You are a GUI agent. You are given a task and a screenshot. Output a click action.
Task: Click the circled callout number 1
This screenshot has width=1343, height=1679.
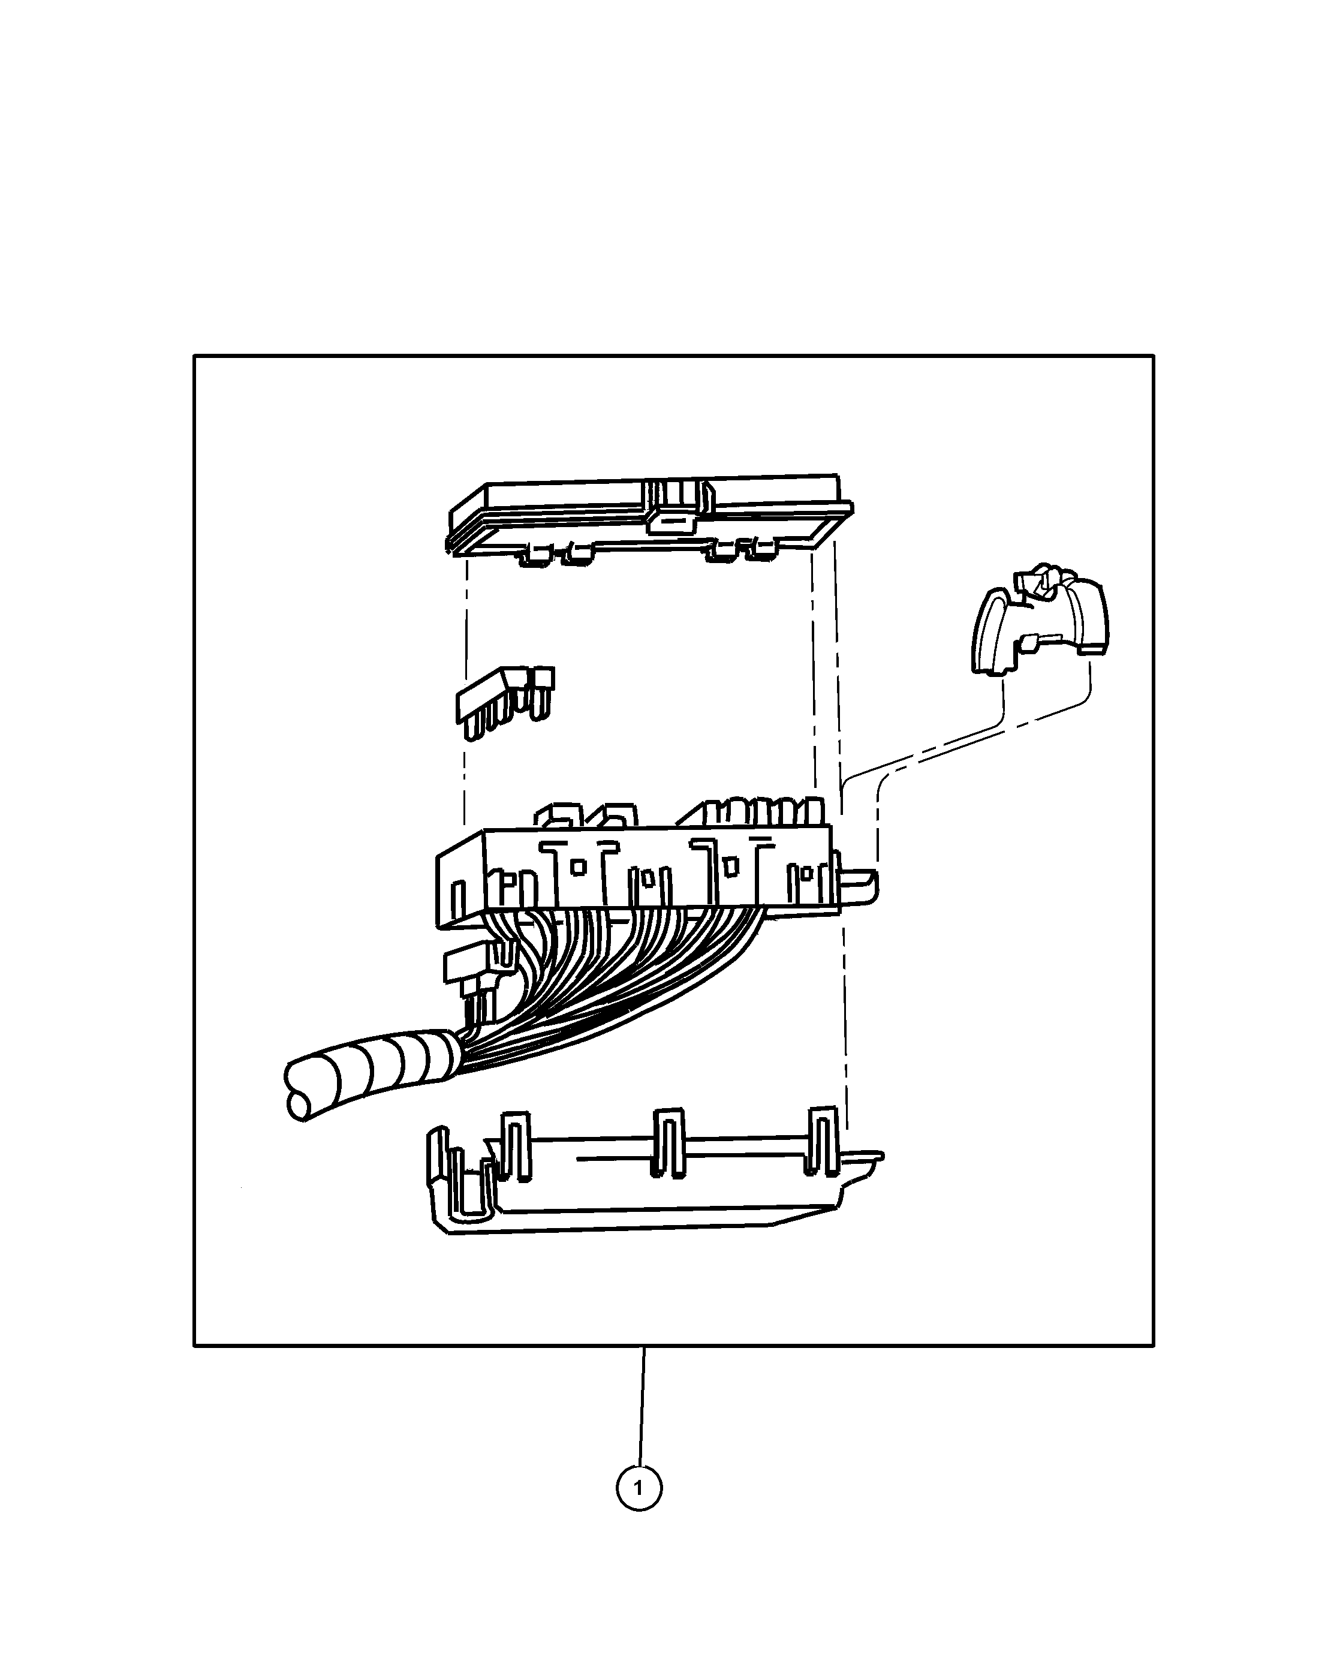pos(639,1488)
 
